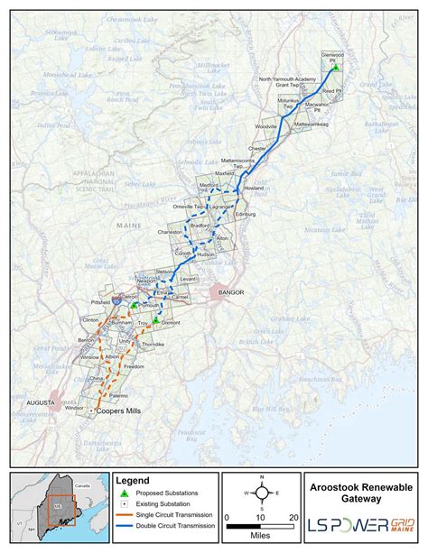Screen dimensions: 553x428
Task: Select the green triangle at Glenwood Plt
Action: coord(334,68)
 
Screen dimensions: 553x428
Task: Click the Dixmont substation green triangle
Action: coord(156,319)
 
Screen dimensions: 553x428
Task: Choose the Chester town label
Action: coord(257,148)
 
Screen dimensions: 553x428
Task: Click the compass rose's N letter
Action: coord(261,476)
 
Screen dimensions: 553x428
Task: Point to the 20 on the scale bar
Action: coord(293,517)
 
